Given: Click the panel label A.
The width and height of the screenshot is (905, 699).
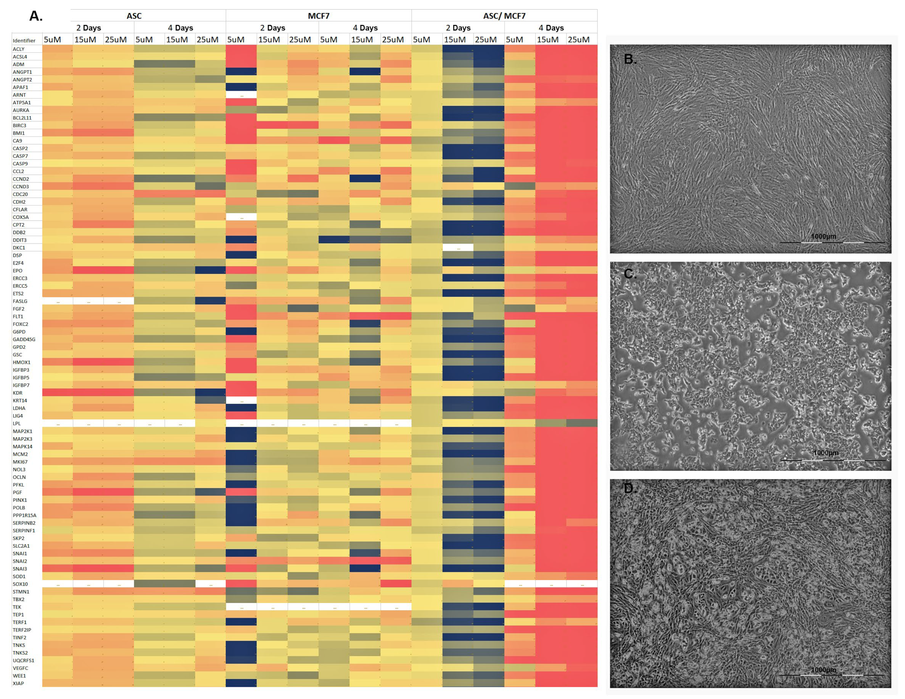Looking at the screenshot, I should tap(36, 16).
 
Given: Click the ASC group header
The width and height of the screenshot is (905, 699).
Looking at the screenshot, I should tap(134, 16).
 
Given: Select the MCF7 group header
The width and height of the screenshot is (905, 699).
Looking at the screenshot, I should tap(318, 16).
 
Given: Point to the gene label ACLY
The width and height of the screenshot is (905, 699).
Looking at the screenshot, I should tap(19, 49).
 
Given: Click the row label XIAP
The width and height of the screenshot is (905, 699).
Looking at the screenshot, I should tap(19, 683).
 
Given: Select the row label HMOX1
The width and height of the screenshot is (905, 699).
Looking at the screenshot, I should tap(21, 362).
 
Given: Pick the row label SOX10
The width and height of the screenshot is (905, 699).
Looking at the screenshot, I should tap(20, 584).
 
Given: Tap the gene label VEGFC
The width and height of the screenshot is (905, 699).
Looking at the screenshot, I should tap(20, 668).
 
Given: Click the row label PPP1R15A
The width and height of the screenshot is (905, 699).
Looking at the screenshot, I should tap(25, 515).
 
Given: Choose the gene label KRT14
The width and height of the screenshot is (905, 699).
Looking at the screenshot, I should tap(20, 400).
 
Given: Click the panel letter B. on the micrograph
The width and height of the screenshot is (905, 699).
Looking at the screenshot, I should tap(630, 59).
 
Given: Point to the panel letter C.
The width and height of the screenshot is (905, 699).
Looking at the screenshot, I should tap(630, 274).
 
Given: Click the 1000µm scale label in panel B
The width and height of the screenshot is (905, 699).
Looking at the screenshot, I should tap(823, 236).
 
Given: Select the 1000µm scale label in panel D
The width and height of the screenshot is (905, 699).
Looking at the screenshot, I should tap(823, 670).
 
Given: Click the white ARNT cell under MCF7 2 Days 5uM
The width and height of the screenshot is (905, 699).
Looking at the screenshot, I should tap(241, 95).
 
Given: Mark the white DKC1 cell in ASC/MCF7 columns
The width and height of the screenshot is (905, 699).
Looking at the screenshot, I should tap(458, 248).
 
